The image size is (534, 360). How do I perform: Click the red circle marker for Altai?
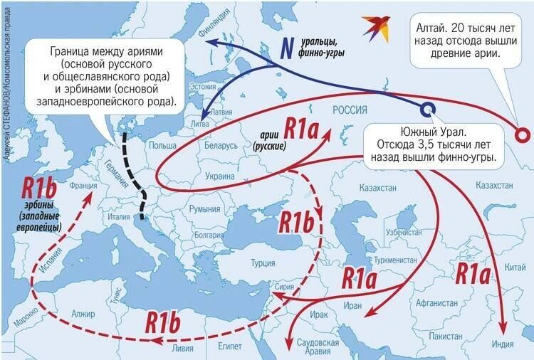tap(522, 134)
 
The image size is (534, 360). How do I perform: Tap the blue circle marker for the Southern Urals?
tap(427, 109)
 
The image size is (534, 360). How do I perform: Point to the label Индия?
tap(502, 344)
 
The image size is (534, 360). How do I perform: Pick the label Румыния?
tap(204, 208)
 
